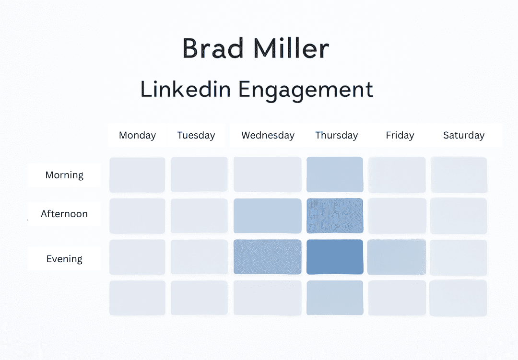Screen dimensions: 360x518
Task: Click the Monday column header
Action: click(137, 135)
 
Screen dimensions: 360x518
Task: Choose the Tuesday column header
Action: click(196, 135)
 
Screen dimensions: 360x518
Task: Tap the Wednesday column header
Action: click(268, 135)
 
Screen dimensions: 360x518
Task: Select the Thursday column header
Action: click(336, 135)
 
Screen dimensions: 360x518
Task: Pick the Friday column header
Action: click(400, 135)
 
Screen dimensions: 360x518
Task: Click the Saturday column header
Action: click(463, 135)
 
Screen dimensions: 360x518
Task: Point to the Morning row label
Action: click(64, 175)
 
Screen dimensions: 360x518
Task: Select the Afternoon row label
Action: click(64, 214)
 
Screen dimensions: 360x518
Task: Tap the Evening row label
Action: click(64, 259)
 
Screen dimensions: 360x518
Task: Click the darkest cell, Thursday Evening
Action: click(335, 257)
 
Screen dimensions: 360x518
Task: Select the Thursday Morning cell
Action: click(335, 174)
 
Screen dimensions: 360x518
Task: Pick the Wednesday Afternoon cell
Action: click(268, 216)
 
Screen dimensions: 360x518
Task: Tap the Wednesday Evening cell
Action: click(268, 257)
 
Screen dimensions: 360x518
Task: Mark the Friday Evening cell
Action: click(397, 257)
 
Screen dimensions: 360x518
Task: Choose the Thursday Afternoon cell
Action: click(335, 216)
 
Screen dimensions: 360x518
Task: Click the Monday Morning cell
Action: click(137, 174)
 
